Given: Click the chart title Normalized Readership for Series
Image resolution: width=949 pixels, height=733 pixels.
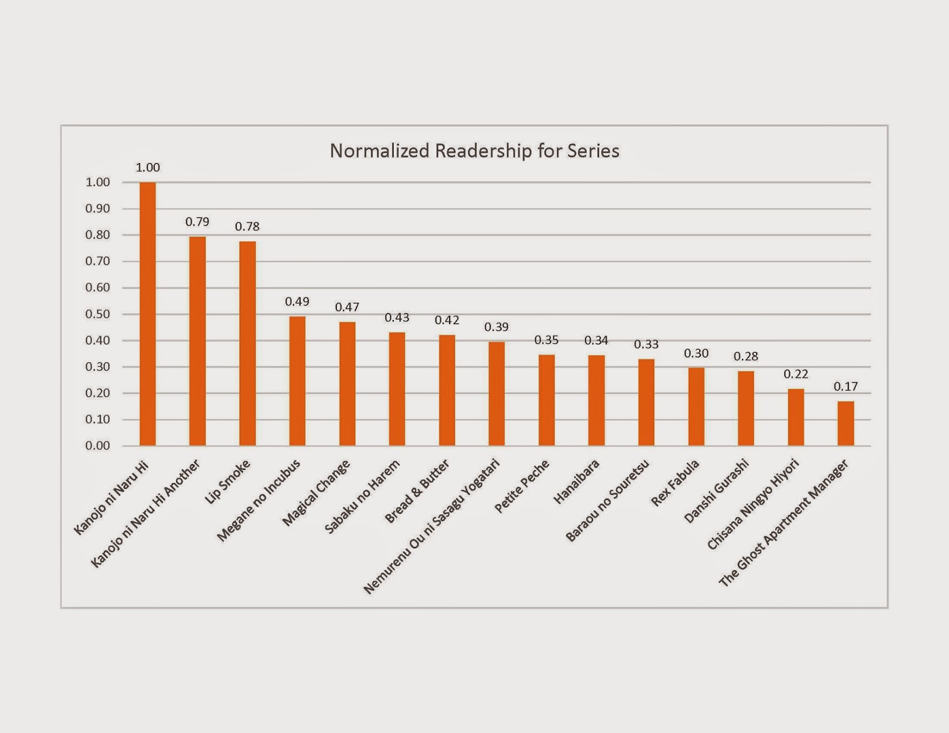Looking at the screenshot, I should [474, 151].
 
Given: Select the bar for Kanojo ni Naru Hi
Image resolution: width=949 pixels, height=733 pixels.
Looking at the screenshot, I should [148, 314].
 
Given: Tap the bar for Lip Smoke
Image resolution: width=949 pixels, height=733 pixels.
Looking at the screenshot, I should [247, 344].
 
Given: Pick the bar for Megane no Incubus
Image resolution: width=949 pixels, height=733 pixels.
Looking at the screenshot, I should [297, 381].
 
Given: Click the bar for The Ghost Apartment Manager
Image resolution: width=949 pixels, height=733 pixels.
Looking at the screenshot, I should [846, 424].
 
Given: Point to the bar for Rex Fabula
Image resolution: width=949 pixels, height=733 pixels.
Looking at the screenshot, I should [696, 406].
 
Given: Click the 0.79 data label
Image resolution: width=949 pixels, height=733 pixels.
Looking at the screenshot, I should [197, 222].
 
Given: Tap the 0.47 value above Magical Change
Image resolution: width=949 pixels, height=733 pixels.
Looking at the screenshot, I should [347, 307].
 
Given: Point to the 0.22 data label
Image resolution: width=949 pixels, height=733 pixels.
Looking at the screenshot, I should [796, 374].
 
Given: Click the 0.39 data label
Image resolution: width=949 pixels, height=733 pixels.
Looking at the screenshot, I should [496, 327].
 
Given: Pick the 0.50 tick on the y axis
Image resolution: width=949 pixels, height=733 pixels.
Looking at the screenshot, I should [98, 314].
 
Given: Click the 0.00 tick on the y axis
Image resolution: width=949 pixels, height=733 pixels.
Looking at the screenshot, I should [98, 446].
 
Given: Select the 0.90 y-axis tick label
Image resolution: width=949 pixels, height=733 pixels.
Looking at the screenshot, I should [98, 209].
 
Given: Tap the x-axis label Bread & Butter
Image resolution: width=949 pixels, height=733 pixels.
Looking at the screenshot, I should [417, 492].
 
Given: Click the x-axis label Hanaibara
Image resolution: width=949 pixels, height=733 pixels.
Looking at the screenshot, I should [576, 482].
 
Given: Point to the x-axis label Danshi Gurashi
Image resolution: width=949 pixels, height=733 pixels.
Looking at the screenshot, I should [716, 491].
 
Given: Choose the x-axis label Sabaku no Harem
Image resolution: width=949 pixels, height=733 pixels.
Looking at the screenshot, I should [362, 497].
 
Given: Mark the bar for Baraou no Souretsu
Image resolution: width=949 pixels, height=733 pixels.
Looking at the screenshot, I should [647, 402].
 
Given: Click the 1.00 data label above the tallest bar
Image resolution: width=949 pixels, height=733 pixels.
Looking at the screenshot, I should [148, 168].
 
